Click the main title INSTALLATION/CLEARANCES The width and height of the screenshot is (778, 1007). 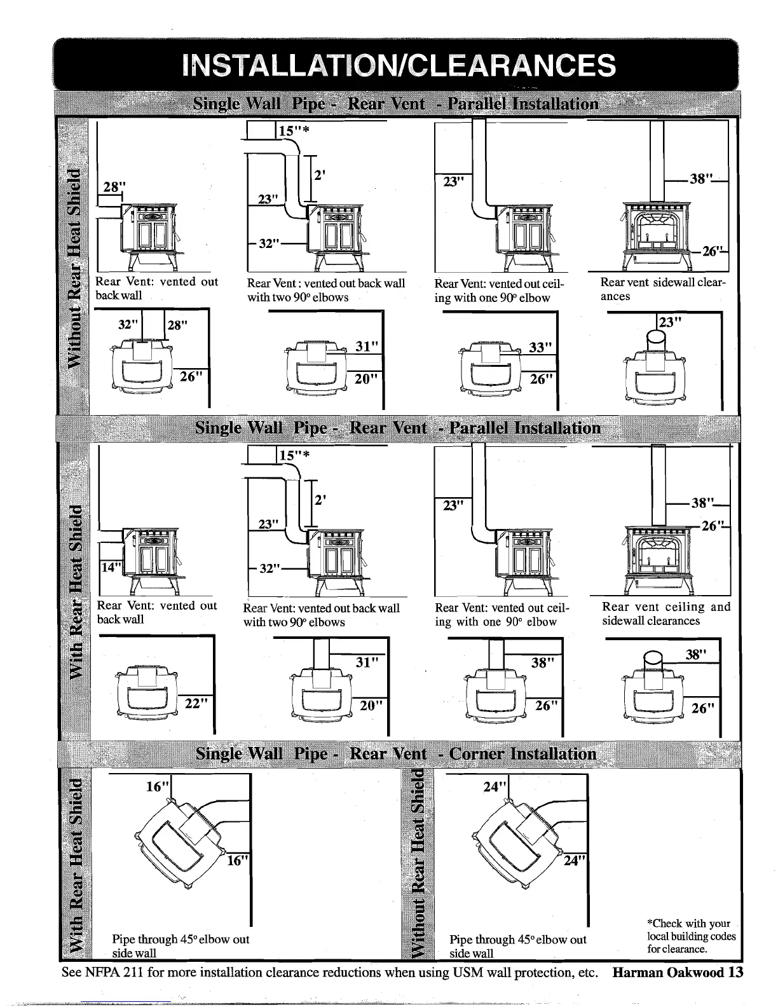398,66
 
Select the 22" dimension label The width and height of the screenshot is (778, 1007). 196,703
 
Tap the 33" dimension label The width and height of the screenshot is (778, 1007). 542,348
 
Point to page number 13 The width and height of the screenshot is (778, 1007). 736,973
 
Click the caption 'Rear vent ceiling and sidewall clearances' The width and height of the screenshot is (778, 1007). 665,613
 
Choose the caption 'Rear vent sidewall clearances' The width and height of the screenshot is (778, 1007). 662,289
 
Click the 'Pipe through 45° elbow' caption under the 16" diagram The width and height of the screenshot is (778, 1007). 181,946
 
